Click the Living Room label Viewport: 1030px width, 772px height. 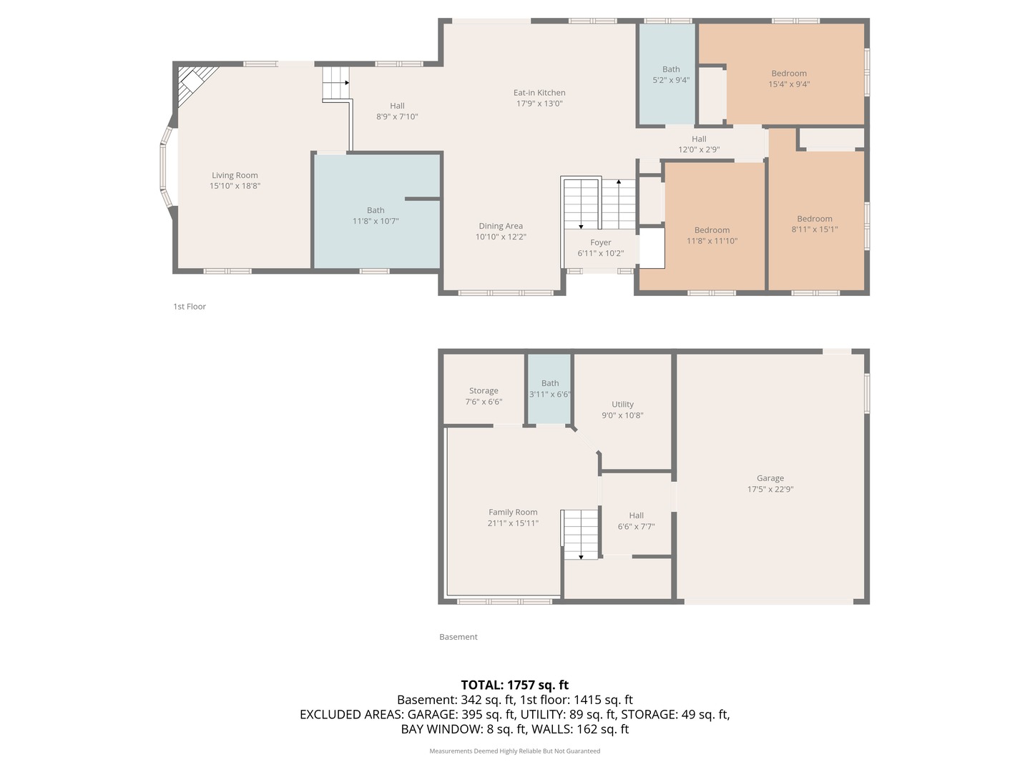tap(235, 175)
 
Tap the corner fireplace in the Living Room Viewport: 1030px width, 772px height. tap(193, 82)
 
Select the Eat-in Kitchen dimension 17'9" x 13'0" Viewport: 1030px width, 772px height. tap(539, 104)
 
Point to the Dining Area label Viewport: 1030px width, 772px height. tap(501, 226)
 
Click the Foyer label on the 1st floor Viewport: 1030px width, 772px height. tap(600, 243)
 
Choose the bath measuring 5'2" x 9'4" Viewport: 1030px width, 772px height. tap(671, 75)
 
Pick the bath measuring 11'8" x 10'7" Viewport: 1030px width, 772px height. tap(376, 216)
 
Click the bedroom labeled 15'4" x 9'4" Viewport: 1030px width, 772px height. tap(789, 79)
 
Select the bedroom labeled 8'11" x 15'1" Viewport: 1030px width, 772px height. tap(815, 224)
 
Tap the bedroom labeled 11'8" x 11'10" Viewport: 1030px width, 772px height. tap(712, 236)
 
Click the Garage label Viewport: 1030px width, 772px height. tap(770, 478)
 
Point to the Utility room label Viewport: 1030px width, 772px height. tap(622, 405)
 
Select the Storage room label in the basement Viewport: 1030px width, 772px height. tap(484, 391)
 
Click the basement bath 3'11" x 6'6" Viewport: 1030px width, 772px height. tap(549, 389)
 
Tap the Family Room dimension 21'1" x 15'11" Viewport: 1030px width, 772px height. tap(513, 523)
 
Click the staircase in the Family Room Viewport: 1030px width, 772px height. tap(580, 534)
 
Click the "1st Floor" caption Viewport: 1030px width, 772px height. tap(190, 307)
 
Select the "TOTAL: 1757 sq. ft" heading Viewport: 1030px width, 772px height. tap(514, 685)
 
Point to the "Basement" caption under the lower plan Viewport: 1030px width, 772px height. tap(458, 637)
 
